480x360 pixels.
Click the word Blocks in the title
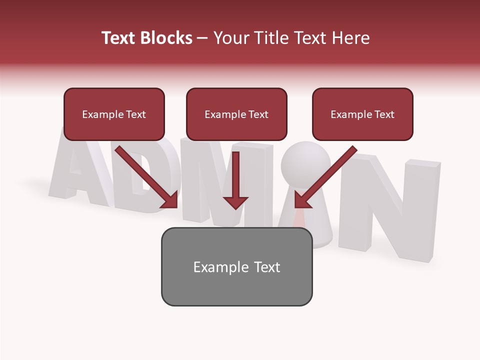click(166, 38)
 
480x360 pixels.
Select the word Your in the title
click(230, 38)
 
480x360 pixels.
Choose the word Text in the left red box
click(135, 114)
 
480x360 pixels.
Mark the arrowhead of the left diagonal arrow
click(170, 200)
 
